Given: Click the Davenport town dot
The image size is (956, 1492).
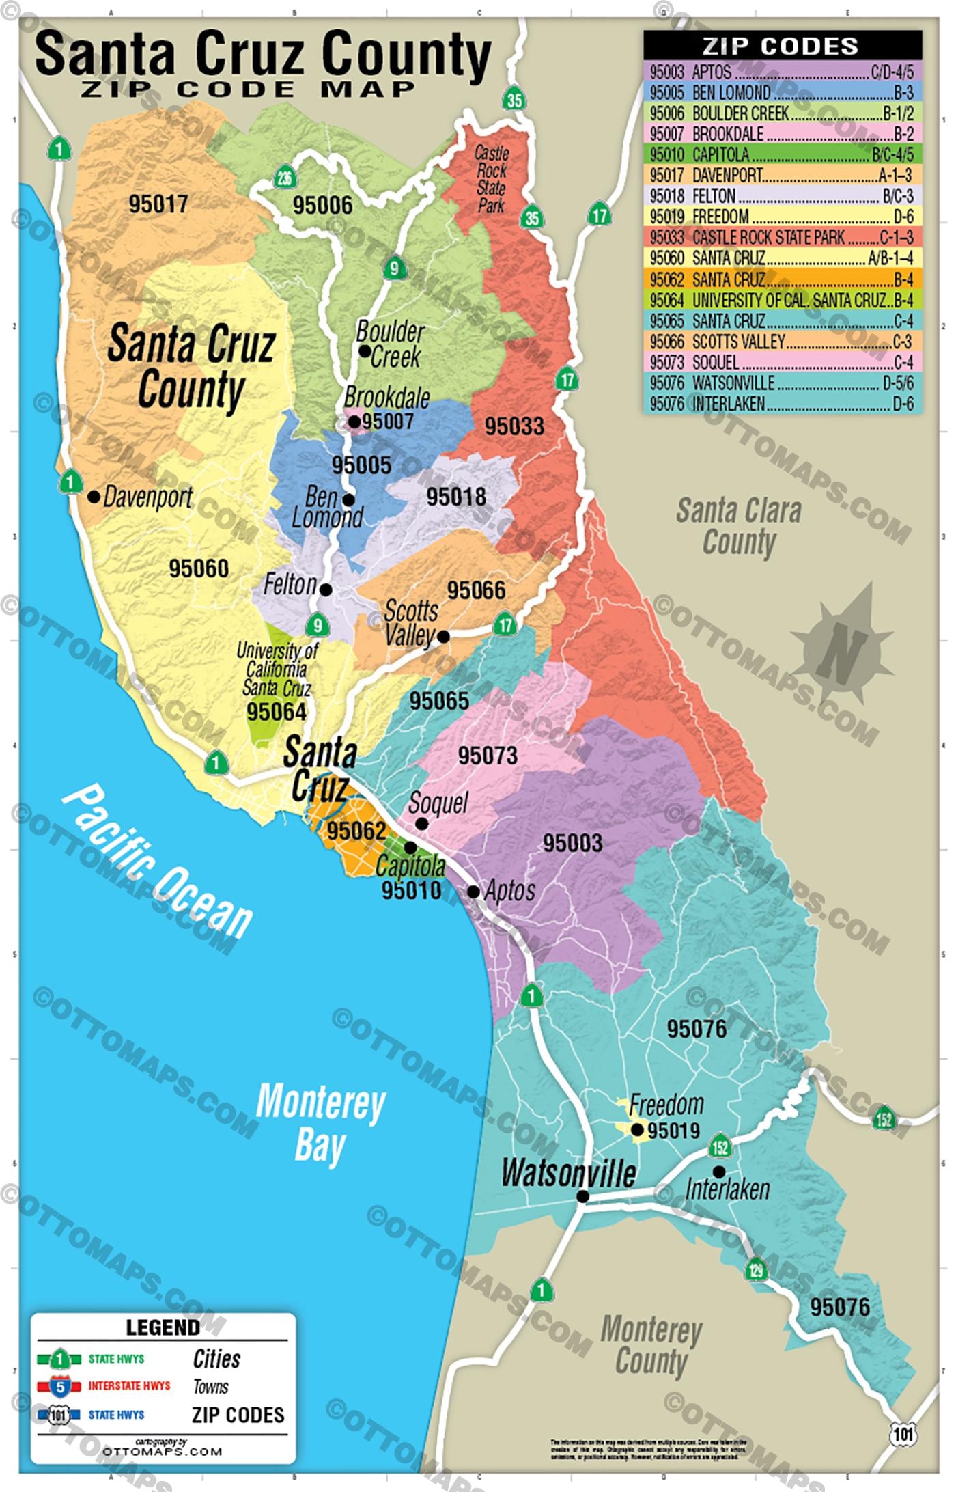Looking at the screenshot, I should point(94,497).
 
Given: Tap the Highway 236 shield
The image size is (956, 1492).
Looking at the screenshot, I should point(284,178).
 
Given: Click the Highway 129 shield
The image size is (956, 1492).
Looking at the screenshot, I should point(756,1269).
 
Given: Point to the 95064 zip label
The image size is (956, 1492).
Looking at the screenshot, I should point(277,712).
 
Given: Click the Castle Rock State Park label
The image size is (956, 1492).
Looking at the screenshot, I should point(491,179).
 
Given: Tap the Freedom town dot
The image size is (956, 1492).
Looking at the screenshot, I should point(636,1130).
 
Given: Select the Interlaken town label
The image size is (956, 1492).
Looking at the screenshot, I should point(727,1189).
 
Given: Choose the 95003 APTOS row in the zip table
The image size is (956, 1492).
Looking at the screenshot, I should point(783,72).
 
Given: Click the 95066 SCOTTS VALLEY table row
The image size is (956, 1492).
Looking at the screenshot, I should point(783,341).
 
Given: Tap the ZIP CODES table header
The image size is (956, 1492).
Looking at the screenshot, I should point(783,46).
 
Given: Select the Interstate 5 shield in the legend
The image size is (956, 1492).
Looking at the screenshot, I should point(60,1386).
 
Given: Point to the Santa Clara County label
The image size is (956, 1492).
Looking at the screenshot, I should point(738,527).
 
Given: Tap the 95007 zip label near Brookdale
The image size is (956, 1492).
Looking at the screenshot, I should point(388,422).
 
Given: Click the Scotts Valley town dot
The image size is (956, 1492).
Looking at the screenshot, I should point(443,637).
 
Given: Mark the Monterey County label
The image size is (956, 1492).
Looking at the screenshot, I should point(651,1345).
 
